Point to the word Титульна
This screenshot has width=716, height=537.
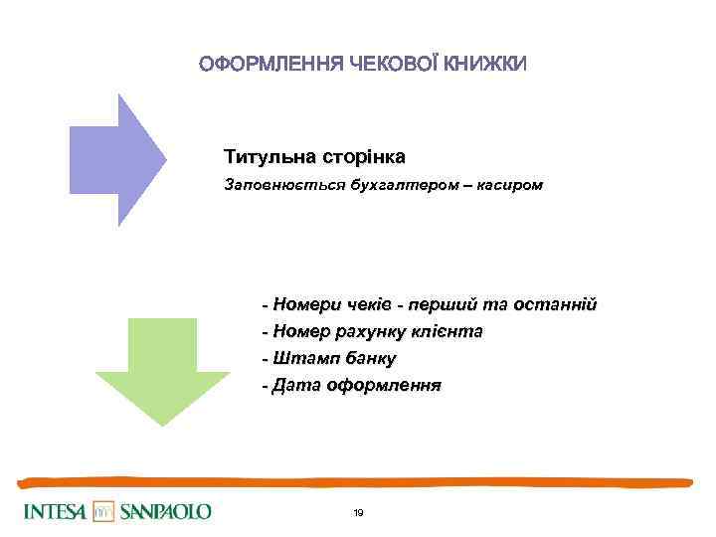tap(266, 157)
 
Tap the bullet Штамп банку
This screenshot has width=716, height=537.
tap(328, 358)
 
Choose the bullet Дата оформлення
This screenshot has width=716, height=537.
tap(351, 385)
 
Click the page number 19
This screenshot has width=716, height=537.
tap(358, 513)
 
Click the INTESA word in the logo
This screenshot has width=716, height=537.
tap(54, 512)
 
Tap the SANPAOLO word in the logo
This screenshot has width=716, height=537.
tap(166, 512)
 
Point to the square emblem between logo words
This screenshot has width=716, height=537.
tap(104, 512)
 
